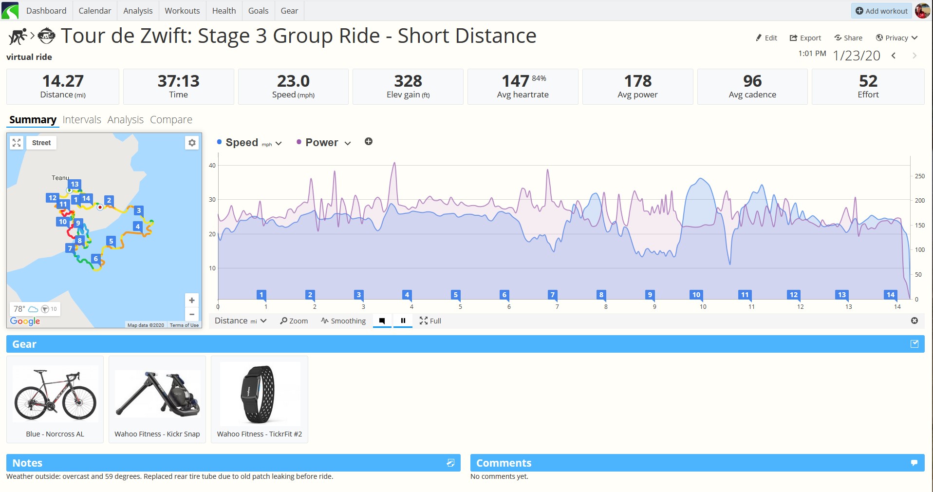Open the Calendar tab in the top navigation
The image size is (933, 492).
[94, 11]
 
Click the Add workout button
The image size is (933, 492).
[881, 11]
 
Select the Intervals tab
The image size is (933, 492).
[82, 120]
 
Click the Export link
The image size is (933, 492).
[805, 38]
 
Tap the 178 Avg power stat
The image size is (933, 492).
[637, 87]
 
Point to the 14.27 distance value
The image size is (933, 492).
[63, 81]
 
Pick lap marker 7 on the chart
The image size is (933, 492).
[552, 295]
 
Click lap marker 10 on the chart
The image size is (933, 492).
[696, 295]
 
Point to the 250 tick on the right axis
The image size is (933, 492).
[920, 176]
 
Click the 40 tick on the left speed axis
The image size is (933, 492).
[212, 166]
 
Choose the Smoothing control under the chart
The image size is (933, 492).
[343, 321]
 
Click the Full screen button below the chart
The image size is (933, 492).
[430, 321]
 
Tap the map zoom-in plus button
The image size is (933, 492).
[192, 301]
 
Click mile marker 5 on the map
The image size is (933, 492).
[111, 241]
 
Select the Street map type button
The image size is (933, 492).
[41, 143]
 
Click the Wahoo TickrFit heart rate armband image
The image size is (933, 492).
[260, 394]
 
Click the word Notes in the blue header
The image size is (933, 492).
[27, 463]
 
